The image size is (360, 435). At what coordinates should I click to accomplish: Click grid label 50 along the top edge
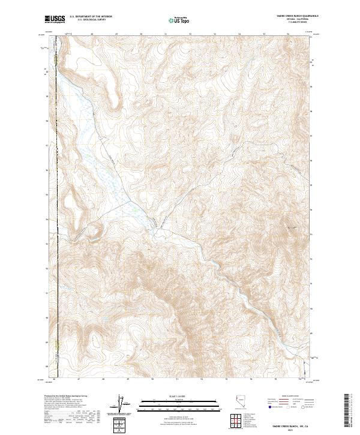point(141,34)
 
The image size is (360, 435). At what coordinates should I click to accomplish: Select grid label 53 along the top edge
point(215,34)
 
